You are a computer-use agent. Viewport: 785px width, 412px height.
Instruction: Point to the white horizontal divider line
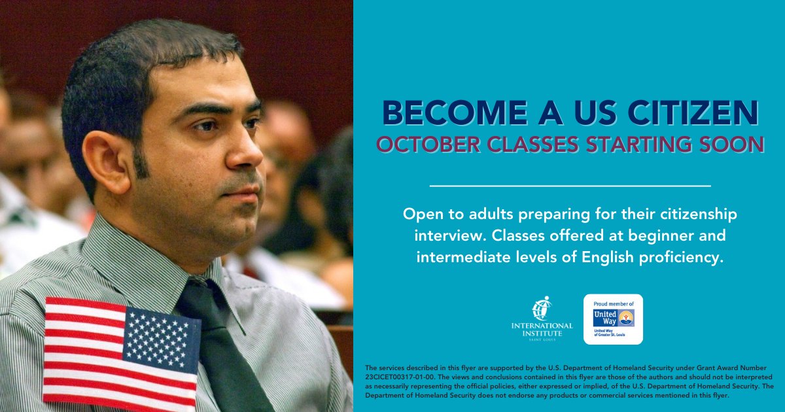pyautogui.click(x=570, y=186)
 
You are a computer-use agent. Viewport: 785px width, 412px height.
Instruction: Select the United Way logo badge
pyautogui.click(x=613, y=319)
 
